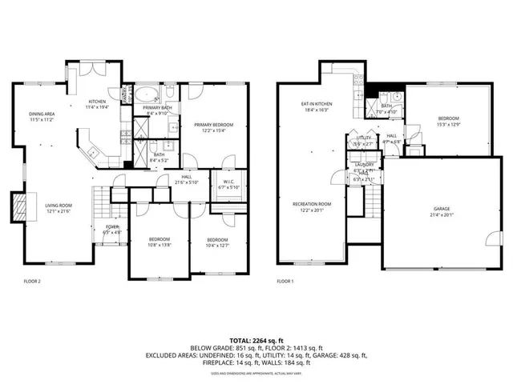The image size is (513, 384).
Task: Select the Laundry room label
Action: click(x=365, y=167)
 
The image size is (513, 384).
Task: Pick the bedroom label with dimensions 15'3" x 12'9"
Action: click(x=448, y=121)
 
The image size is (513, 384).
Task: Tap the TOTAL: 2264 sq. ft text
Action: click(x=256, y=340)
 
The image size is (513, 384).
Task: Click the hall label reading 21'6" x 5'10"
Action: click(x=186, y=181)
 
